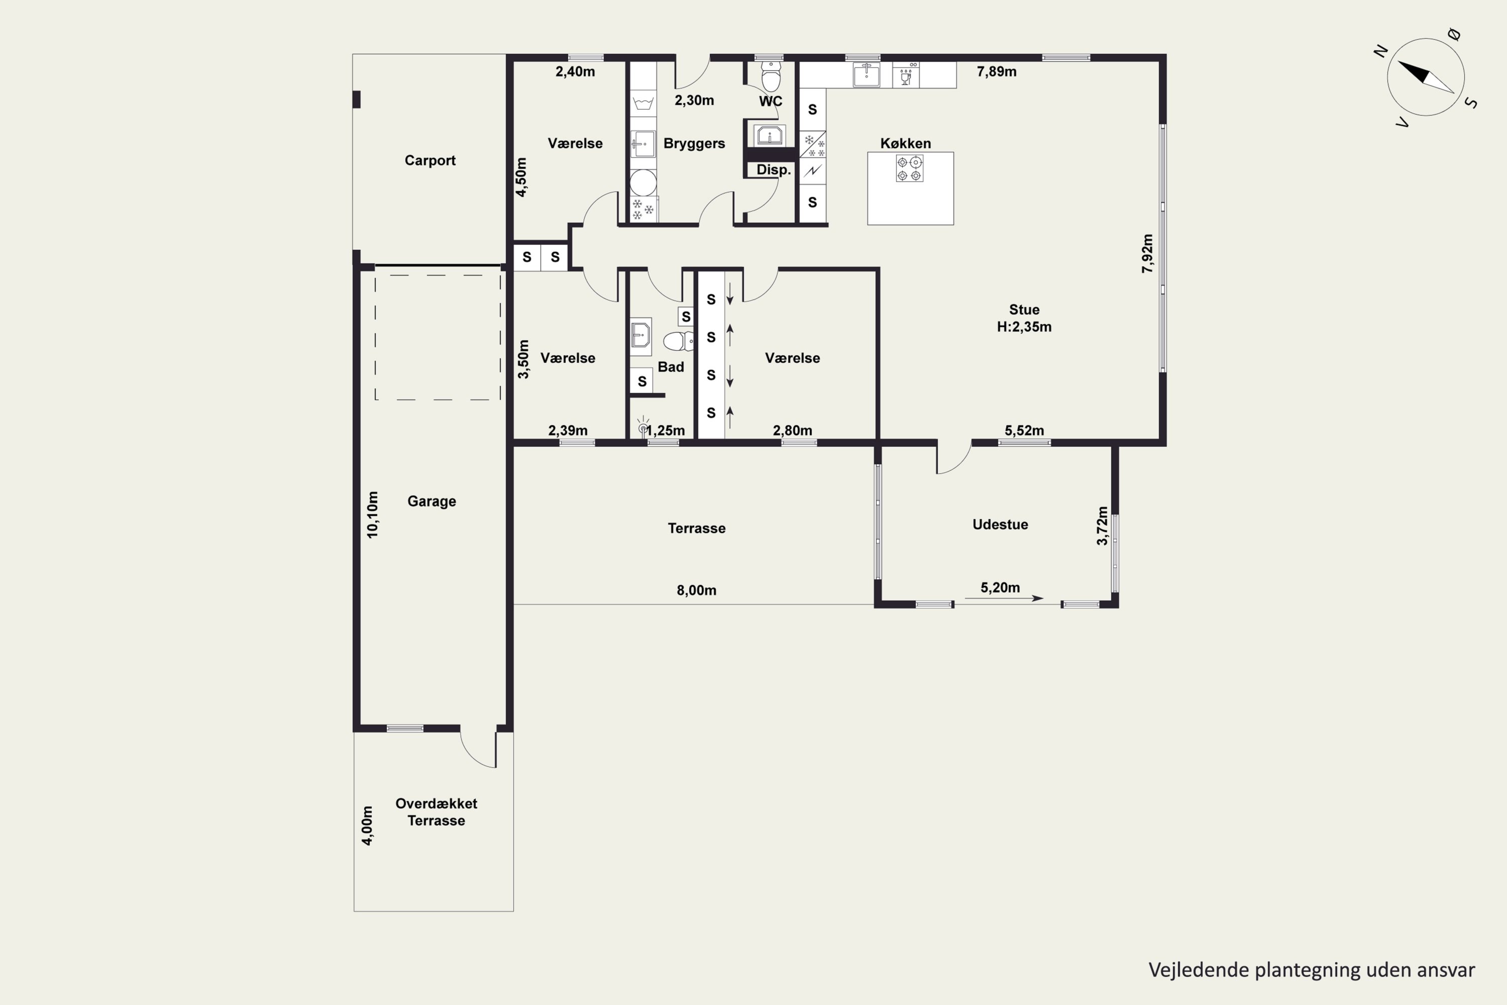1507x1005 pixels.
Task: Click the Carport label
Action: coord(430,160)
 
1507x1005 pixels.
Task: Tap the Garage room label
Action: coord(432,501)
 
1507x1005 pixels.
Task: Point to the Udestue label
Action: coord(1000,524)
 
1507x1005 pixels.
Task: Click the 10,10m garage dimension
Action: coord(372,515)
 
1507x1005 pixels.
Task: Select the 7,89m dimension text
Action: coord(996,72)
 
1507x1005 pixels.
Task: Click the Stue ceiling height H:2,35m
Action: coord(1024,327)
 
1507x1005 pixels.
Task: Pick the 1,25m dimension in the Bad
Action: coord(665,431)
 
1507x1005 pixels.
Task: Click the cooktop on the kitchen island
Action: coord(910,168)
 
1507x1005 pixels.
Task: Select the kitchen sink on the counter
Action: coord(866,74)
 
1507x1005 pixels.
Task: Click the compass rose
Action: coord(1426,77)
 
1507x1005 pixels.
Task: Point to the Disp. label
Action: coord(774,170)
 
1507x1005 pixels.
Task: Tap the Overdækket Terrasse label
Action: coord(437,812)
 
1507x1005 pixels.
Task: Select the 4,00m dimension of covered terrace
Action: coord(367,826)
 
